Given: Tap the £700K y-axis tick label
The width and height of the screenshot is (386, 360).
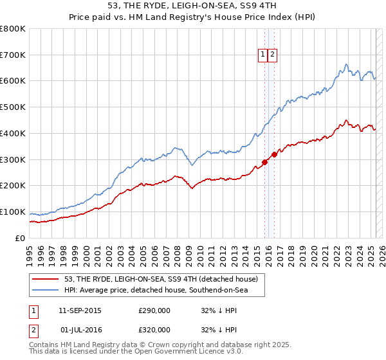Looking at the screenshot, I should pyautogui.click(x=13, y=55).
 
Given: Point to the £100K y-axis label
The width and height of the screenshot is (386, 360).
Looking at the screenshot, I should pyautogui.click(x=13, y=212).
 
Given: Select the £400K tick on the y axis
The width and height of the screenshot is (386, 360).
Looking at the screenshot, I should pyautogui.click(x=13, y=134).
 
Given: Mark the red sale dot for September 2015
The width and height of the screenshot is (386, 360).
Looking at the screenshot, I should pyautogui.click(x=264, y=162).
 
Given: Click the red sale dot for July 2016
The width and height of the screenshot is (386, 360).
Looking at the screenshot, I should pyautogui.click(x=274, y=154).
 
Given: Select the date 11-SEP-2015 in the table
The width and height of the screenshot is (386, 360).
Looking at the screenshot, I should pyautogui.click(x=80, y=310).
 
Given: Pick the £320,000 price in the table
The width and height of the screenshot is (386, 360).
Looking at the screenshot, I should pyautogui.click(x=154, y=329).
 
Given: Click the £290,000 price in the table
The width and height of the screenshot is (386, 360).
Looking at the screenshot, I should pyautogui.click(x=154, y=310).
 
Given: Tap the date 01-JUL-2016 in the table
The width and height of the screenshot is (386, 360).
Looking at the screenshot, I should pyautogui.click(x=80, y=329).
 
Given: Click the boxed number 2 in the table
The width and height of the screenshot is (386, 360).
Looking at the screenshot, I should pyautogui.click(x=33, y=329).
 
